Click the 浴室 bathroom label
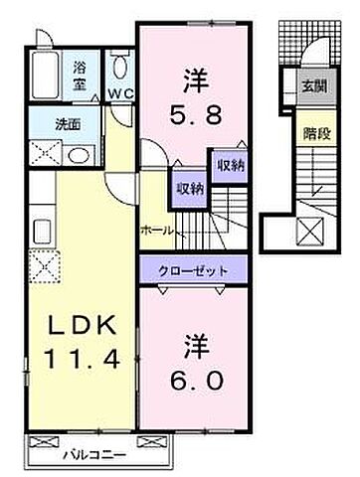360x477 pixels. (x=80, y=77)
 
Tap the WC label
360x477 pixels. (x=120, y=94)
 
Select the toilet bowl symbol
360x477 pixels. (x=119, y=65)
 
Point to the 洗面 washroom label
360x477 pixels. (x=68, y=124)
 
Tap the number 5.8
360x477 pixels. (x=195, y=114)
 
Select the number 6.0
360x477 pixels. (x=196, y=380)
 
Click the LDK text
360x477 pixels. (x=83, y=325)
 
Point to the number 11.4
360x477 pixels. (x=82, y=359)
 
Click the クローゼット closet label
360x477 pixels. (x=193, y=271)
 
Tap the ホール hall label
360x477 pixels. (x=157, y=231)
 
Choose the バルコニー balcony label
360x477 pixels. (x=94, y=455)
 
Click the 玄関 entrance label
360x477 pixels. (x=314, y=86)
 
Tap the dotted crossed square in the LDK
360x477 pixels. (x=45, y=266)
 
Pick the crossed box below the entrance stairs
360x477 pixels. (x=310, y=232)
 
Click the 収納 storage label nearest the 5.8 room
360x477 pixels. (x=231, y=165)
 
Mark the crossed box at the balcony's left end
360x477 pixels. (x=44, y=441)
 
